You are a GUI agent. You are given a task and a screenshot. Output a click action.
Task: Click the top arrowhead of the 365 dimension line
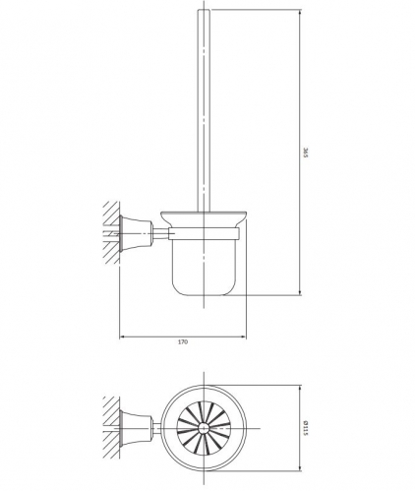pos(299,13)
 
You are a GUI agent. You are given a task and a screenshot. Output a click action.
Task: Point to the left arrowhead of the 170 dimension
pos(122,335)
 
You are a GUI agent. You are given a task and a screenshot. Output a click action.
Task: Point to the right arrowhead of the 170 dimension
pos(243,335)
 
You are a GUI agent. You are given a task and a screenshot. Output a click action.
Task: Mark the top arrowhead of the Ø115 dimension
pos(299,387)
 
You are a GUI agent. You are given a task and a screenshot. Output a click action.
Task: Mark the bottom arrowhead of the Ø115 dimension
pos(299,465)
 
